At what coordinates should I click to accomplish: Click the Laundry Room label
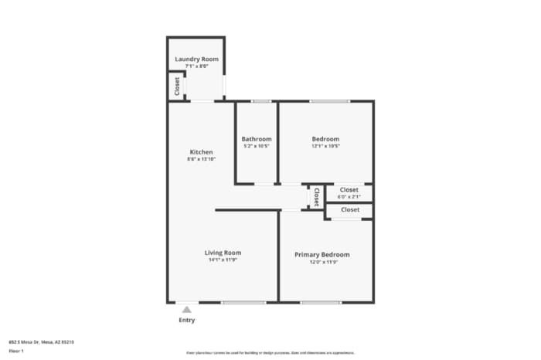(x=196, y=59)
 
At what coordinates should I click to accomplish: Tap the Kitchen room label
(x=201, y=152)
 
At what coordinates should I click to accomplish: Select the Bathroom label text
(x=257, y=139)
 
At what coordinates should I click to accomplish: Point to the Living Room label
(x=223, y=253)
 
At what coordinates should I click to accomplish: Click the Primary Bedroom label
(x=322, y=254)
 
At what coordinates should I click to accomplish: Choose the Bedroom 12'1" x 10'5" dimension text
(x=325, y=146)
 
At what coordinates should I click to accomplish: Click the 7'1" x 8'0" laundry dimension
(x=196, y=66)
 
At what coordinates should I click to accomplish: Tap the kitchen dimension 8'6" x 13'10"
(x=201, y=159)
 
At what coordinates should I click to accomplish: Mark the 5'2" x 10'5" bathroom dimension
(x=257, y=146)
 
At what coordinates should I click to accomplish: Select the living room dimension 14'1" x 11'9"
(x=223, y=260)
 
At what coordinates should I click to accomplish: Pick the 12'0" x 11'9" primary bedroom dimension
(x=322, y=262)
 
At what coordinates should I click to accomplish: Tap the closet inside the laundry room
(x=177, y=86)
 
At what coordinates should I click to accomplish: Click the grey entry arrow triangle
(x=186, y=310)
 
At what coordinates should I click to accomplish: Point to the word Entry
(x=187, y=320)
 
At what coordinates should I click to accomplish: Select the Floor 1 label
(x=16, y=352)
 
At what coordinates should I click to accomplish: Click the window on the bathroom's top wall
(x=261, y=101)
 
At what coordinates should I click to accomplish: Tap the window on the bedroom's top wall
(x=329, y=101)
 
